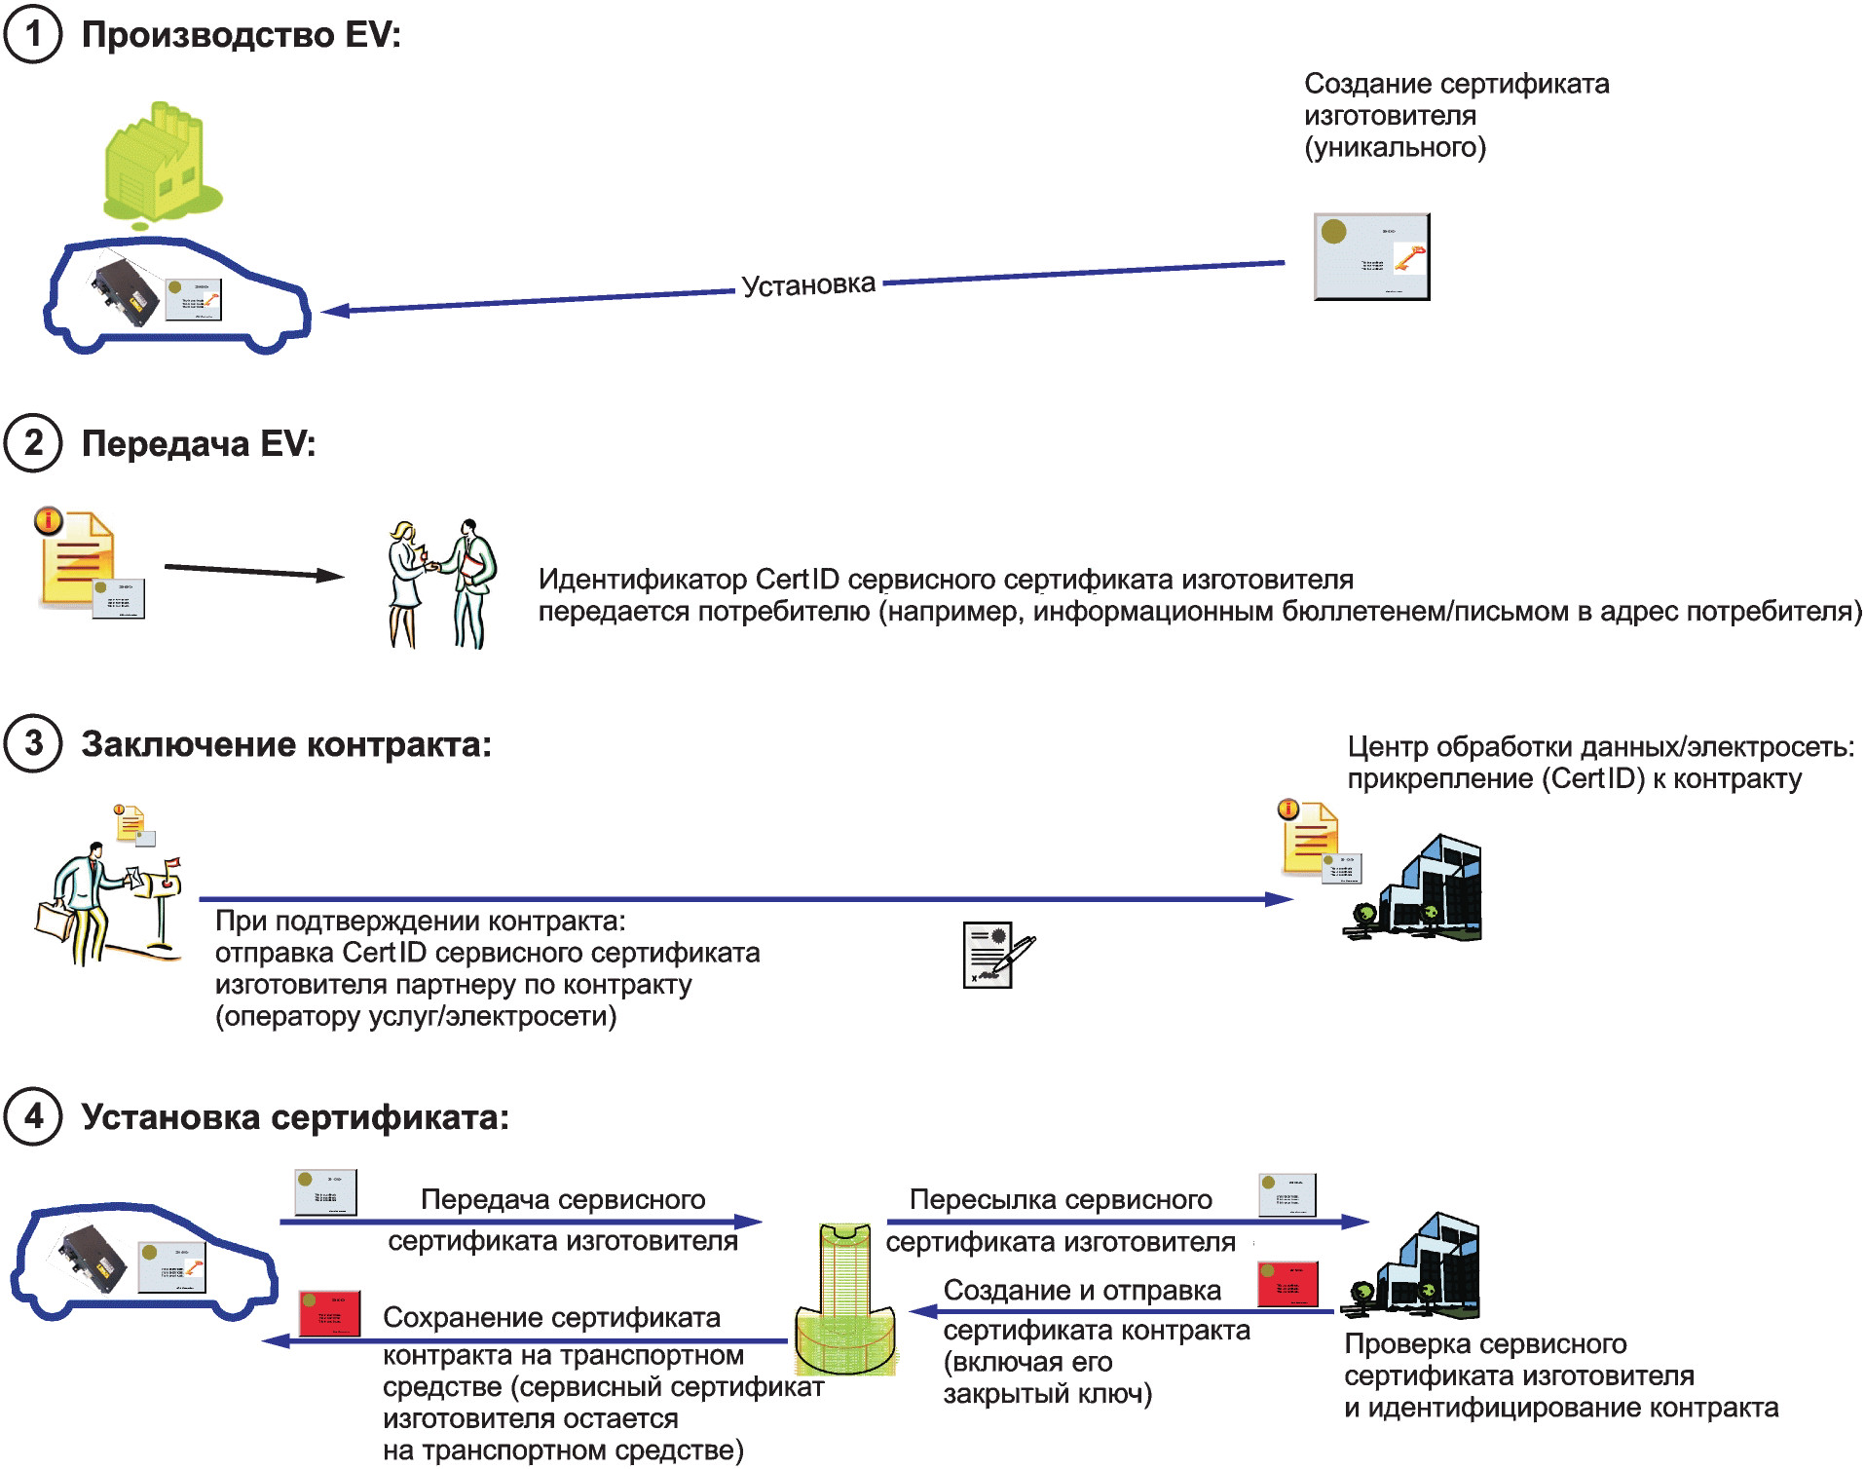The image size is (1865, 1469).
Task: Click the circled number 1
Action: (33, 34)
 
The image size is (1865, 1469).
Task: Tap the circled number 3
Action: (33, 743)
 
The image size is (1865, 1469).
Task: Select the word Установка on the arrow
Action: (808, 285)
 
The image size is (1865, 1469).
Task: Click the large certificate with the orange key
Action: (1371, 256)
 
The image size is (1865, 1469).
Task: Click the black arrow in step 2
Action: (254, 571)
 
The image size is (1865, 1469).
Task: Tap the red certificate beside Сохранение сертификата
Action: (329, 1313)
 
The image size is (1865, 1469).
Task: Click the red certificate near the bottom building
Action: (1287, 1284)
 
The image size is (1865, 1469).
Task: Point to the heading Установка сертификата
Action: (295, 1117)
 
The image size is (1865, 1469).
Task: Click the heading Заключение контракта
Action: (286, 744)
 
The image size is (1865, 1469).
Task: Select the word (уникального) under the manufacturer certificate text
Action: (1396, 148)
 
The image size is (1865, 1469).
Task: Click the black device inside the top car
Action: (125, 291)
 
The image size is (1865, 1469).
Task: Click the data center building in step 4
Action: (1411, 1266)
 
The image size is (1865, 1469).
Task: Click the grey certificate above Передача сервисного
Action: (325, 1192)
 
